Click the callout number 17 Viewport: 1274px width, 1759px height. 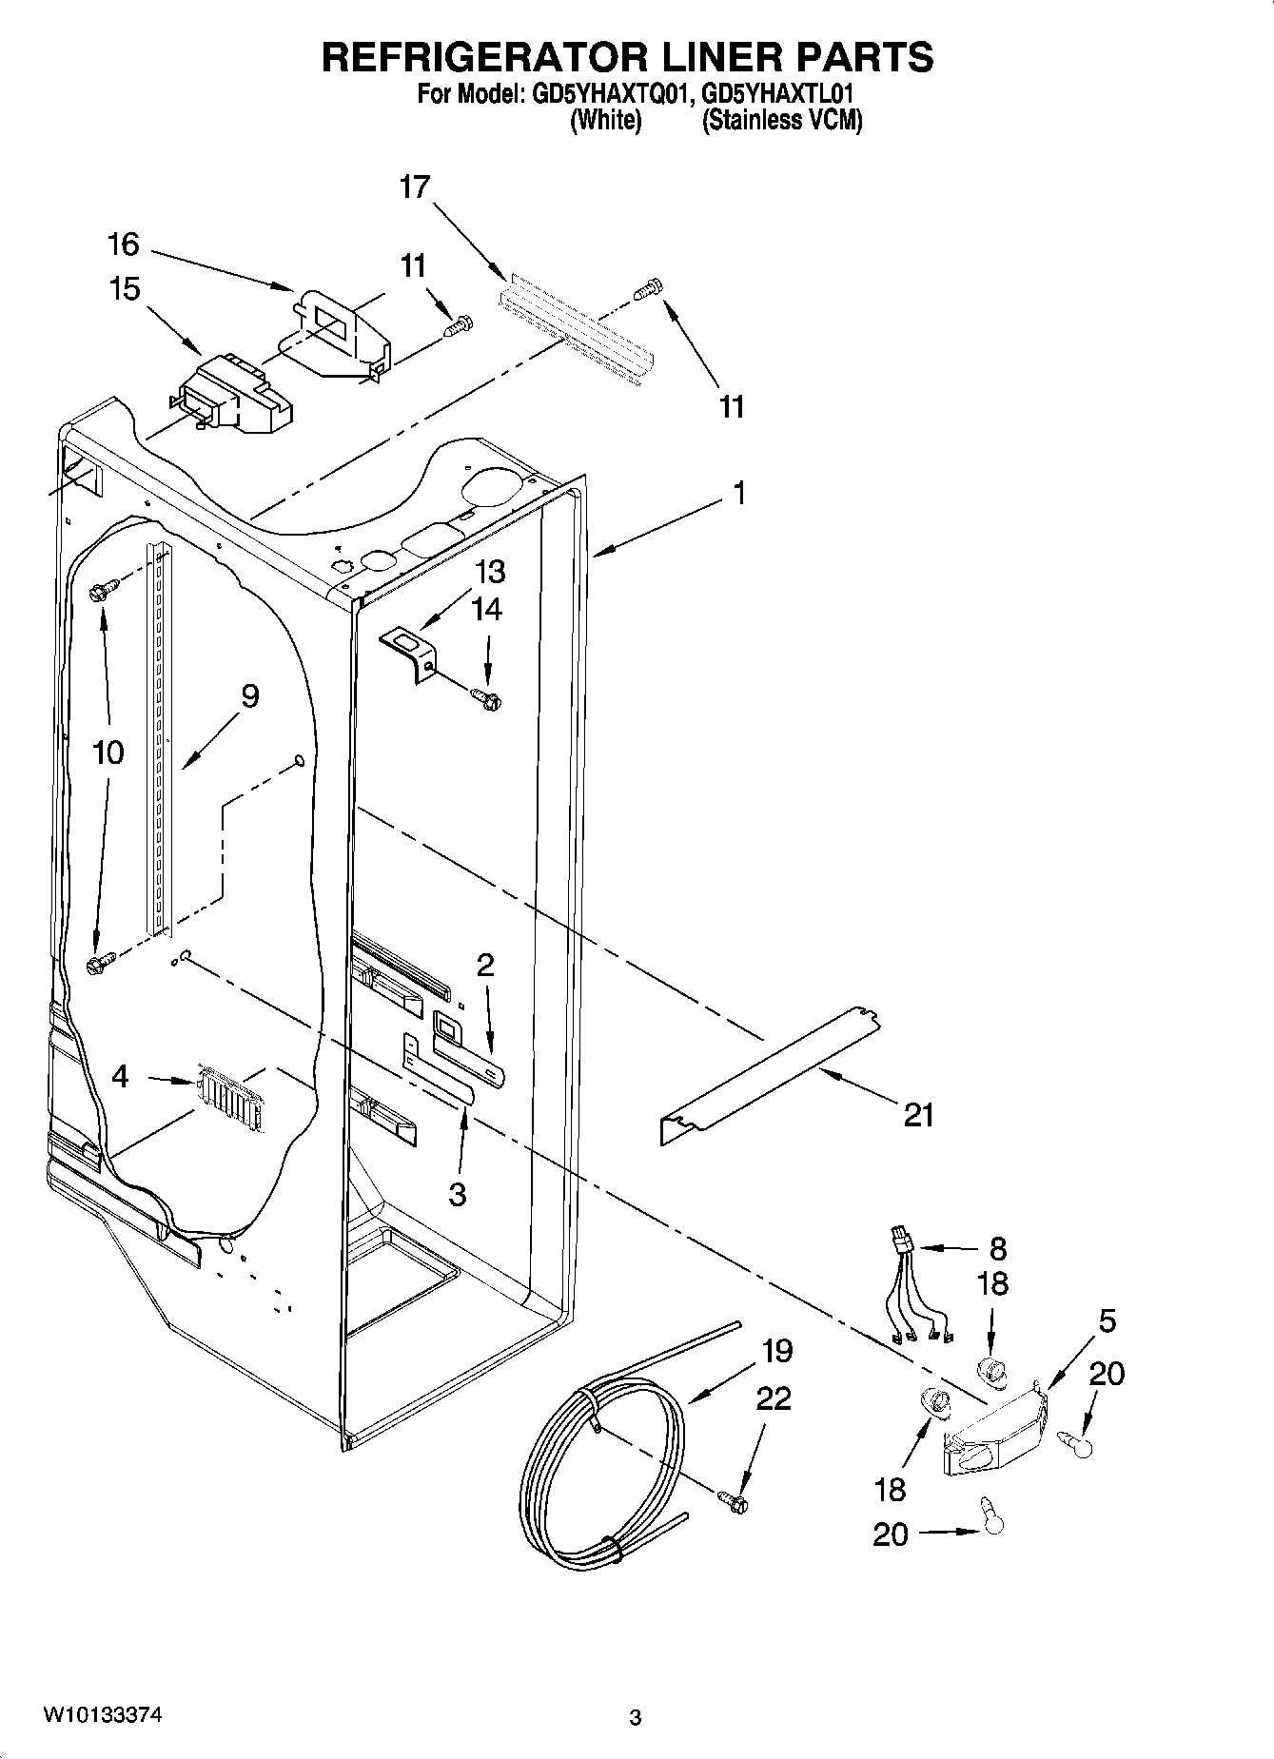pos(415,187)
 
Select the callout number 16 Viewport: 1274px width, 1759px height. pos(124,244)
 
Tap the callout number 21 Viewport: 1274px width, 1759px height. pos(919,1114)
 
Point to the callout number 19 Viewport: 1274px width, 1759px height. pos(776,1351)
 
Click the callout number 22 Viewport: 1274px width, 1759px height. pos(774,1398)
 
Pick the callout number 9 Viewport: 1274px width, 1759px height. pos(249,696)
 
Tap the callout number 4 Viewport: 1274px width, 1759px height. pos(120,1077)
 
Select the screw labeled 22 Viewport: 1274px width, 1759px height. pos(735,1501)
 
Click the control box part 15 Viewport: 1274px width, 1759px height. pos(233,395)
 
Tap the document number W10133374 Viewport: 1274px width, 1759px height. pos(102,1715)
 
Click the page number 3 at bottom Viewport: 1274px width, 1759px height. pos(636,1718)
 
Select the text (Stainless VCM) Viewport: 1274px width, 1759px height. pos(782,121)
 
